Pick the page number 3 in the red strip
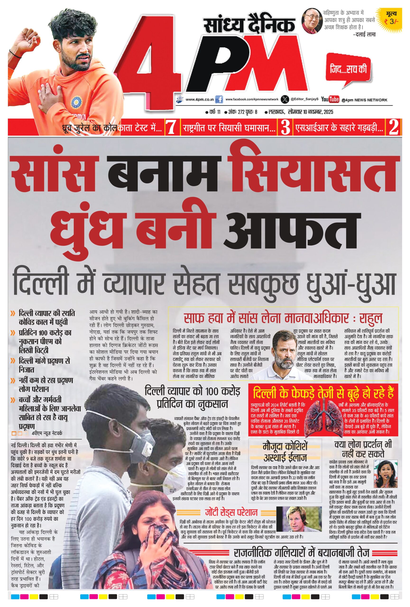[x=285, y=127]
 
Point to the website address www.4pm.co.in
[x=199, y=100]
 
